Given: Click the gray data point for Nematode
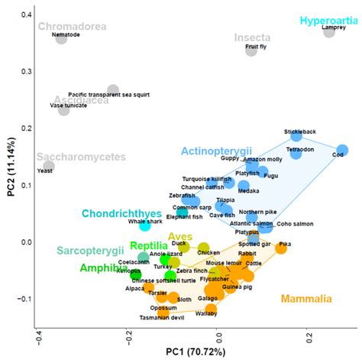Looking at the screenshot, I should tap(61, 38).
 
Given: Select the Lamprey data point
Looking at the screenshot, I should tap(329, 31).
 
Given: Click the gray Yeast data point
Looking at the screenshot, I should tap(49, 167).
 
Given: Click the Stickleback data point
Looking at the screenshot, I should tap(296, 136).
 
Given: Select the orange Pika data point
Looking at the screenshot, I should tap(281, 248).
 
